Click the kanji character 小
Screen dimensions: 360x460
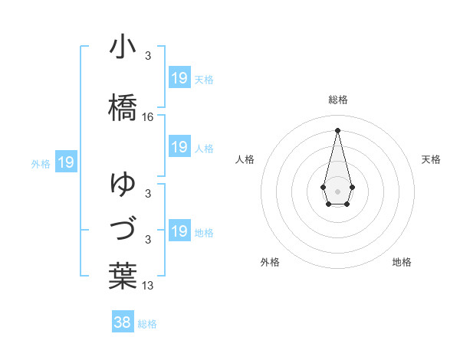[123, 47]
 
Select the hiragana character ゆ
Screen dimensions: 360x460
[123, 184]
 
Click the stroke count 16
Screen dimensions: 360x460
[148, 117]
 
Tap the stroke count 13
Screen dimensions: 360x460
[148, 286]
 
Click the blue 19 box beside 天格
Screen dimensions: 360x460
[179, 77]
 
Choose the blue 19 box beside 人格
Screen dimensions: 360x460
[179, 147]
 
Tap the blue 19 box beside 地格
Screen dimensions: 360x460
[179, 231]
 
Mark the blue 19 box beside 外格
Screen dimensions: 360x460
[65, 162]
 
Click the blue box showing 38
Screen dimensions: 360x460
[122, 322]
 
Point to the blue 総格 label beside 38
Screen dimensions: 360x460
[147, 324]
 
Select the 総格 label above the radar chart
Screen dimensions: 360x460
[338, 100]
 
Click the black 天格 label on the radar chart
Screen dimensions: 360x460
[432, 159]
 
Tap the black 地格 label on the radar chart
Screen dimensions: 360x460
[402, 262]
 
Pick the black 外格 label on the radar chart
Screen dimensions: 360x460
[270, 262]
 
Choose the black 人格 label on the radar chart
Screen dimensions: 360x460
[245, 159]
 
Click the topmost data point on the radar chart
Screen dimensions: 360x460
[337, 129]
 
